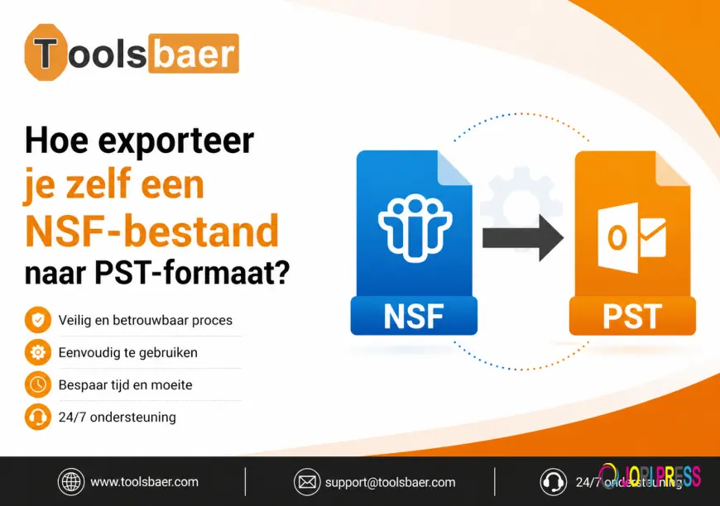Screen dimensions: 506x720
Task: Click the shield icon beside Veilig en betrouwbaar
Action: (36, 320)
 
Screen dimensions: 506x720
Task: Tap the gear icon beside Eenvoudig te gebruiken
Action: (36, 352)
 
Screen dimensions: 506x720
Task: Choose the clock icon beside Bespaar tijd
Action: (36, 384)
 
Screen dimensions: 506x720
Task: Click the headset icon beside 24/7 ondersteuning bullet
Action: (36, 417)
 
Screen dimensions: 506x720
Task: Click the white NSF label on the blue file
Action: (413, 317)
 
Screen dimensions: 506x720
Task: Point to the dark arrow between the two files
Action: (521, 238)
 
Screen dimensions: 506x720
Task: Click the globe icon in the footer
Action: (70, 481)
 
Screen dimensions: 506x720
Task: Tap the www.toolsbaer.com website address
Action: (144, 481)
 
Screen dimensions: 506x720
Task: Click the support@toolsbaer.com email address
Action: (390, 482)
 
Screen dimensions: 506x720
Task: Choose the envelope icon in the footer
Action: (307, 481)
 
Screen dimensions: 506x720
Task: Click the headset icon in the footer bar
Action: (553, 481)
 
